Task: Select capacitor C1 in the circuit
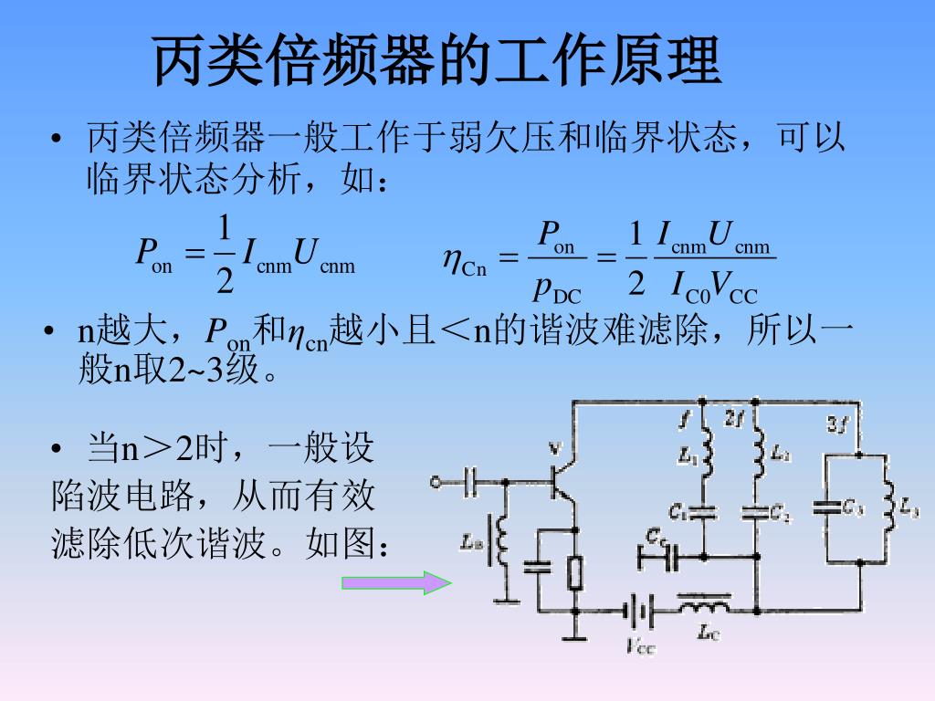(x=703, y=513)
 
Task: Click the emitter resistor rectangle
(x=574, y=572)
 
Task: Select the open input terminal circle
(x=436, y=481)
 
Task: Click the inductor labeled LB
(x=500, y=541)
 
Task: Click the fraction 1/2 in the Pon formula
(x=225, y=254)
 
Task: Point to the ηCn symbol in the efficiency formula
(x=466, y=264)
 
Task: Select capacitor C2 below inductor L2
(x=756, y=513)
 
